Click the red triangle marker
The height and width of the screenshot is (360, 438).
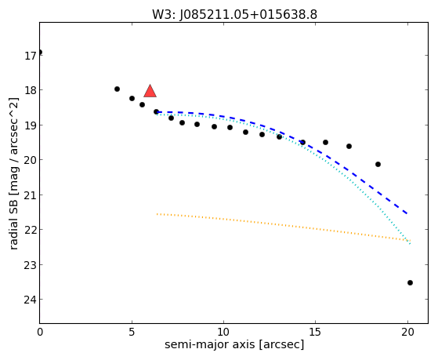[150, 91]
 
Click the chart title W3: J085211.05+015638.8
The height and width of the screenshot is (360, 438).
[234, 14]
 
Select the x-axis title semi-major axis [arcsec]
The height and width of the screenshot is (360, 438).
[234, 344]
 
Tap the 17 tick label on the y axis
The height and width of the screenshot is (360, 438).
[31, 56]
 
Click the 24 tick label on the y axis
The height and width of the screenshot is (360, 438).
[31, 300]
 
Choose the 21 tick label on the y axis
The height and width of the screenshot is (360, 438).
[31, 195]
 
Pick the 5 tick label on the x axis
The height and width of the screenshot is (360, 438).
[132, 332]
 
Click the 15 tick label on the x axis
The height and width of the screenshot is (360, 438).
[316, 332]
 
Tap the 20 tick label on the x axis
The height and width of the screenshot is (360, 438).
[407, 332]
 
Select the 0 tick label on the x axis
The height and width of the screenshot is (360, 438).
[40, 332]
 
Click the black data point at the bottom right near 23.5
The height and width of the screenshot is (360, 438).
[410, 283]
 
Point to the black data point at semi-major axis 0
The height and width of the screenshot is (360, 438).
[40, 52]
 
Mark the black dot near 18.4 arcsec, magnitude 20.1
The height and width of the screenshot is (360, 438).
[378, 164]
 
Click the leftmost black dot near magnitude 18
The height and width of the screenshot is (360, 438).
[117, 89]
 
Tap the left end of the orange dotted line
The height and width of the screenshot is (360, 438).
[157, 214]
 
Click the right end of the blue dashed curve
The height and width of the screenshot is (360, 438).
[407, 213]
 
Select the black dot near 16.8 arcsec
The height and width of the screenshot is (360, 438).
[349, 147]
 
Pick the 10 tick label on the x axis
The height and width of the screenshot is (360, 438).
[223, 332]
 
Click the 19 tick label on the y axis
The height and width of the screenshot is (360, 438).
[31, 125]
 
